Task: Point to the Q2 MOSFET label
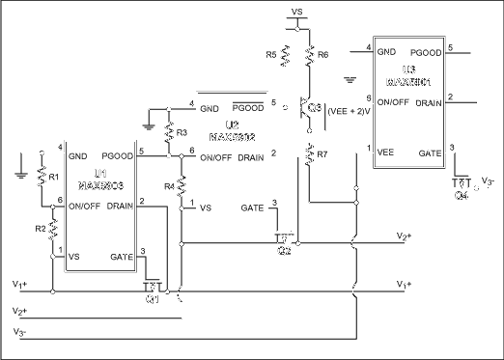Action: (x=283, y=249)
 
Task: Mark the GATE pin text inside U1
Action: (x=123, y=255)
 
